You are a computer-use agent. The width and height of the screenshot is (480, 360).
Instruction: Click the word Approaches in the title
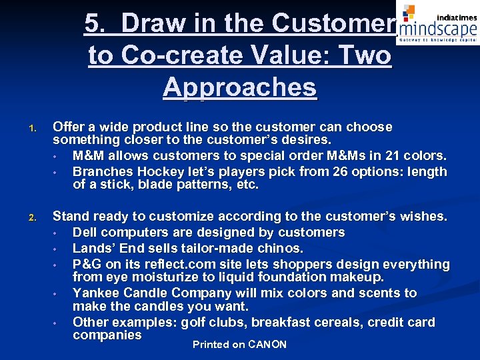tap(239, 87)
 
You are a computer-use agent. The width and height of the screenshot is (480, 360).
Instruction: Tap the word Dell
tap(85, 233)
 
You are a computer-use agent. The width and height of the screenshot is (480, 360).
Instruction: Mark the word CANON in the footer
tap(267, 345)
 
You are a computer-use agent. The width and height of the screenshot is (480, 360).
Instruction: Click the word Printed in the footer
tap(209, 345)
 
